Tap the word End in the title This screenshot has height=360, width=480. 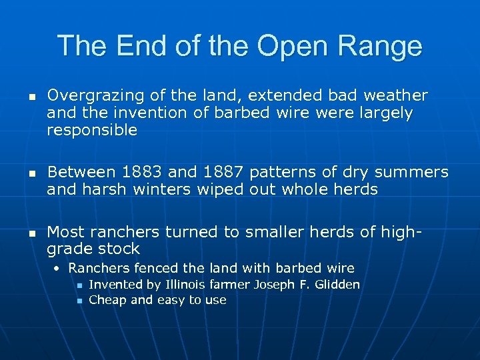(x=139, y=47)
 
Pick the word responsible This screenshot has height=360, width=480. (x=91, y=131)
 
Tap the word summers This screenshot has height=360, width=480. (x=411, y=173)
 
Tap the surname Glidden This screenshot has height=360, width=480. (x=336, y=285)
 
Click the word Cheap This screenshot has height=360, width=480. (x=107, y=300)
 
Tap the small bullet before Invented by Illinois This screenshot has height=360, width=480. (x=79, y=286)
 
